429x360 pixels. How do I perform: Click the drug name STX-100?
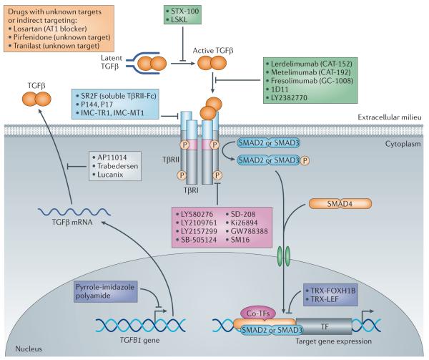click(184, 10)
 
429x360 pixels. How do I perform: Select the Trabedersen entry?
click(118, 164)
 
